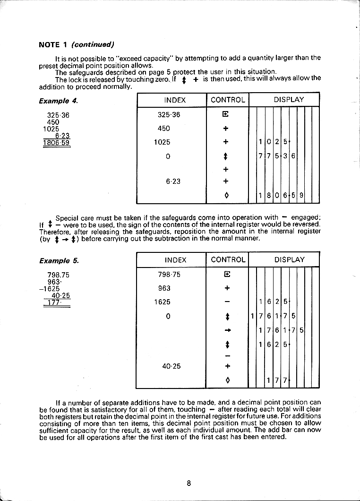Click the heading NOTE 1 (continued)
coord(77,45)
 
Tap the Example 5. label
coord(59,260)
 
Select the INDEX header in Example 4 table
coord(175,100)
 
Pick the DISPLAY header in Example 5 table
coord(290,260)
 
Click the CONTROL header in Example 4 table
coord(228,100)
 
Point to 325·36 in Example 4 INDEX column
coord(169,115)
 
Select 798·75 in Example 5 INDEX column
coord(169,275)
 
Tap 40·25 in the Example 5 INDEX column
coord(171,366)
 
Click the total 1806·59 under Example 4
coord(57,142)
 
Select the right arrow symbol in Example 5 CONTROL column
coord(227,331)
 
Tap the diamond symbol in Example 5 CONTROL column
coord(227,380)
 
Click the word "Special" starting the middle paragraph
coord(68,218)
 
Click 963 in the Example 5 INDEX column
coord(165,288)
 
